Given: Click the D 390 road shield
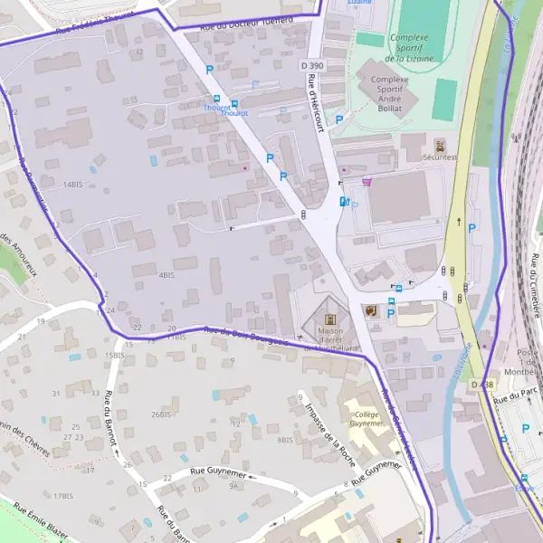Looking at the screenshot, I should click(312, 65).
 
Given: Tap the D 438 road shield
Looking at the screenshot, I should click(482, 385).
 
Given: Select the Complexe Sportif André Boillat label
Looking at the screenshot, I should click(390, 92).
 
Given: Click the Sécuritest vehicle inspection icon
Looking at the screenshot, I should click(440, 145).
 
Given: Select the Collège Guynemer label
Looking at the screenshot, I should click(367, 418).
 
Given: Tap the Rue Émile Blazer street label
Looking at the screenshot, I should click(33, 521).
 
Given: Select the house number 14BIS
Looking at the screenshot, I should click(71, 184).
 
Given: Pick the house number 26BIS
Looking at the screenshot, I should click(161, 414).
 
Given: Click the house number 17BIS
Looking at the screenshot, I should click(62, 496).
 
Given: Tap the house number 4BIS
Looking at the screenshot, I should click(166, 274).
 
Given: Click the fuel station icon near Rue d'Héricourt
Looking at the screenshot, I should click(342, 201).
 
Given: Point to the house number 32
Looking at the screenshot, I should click(138, 52).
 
